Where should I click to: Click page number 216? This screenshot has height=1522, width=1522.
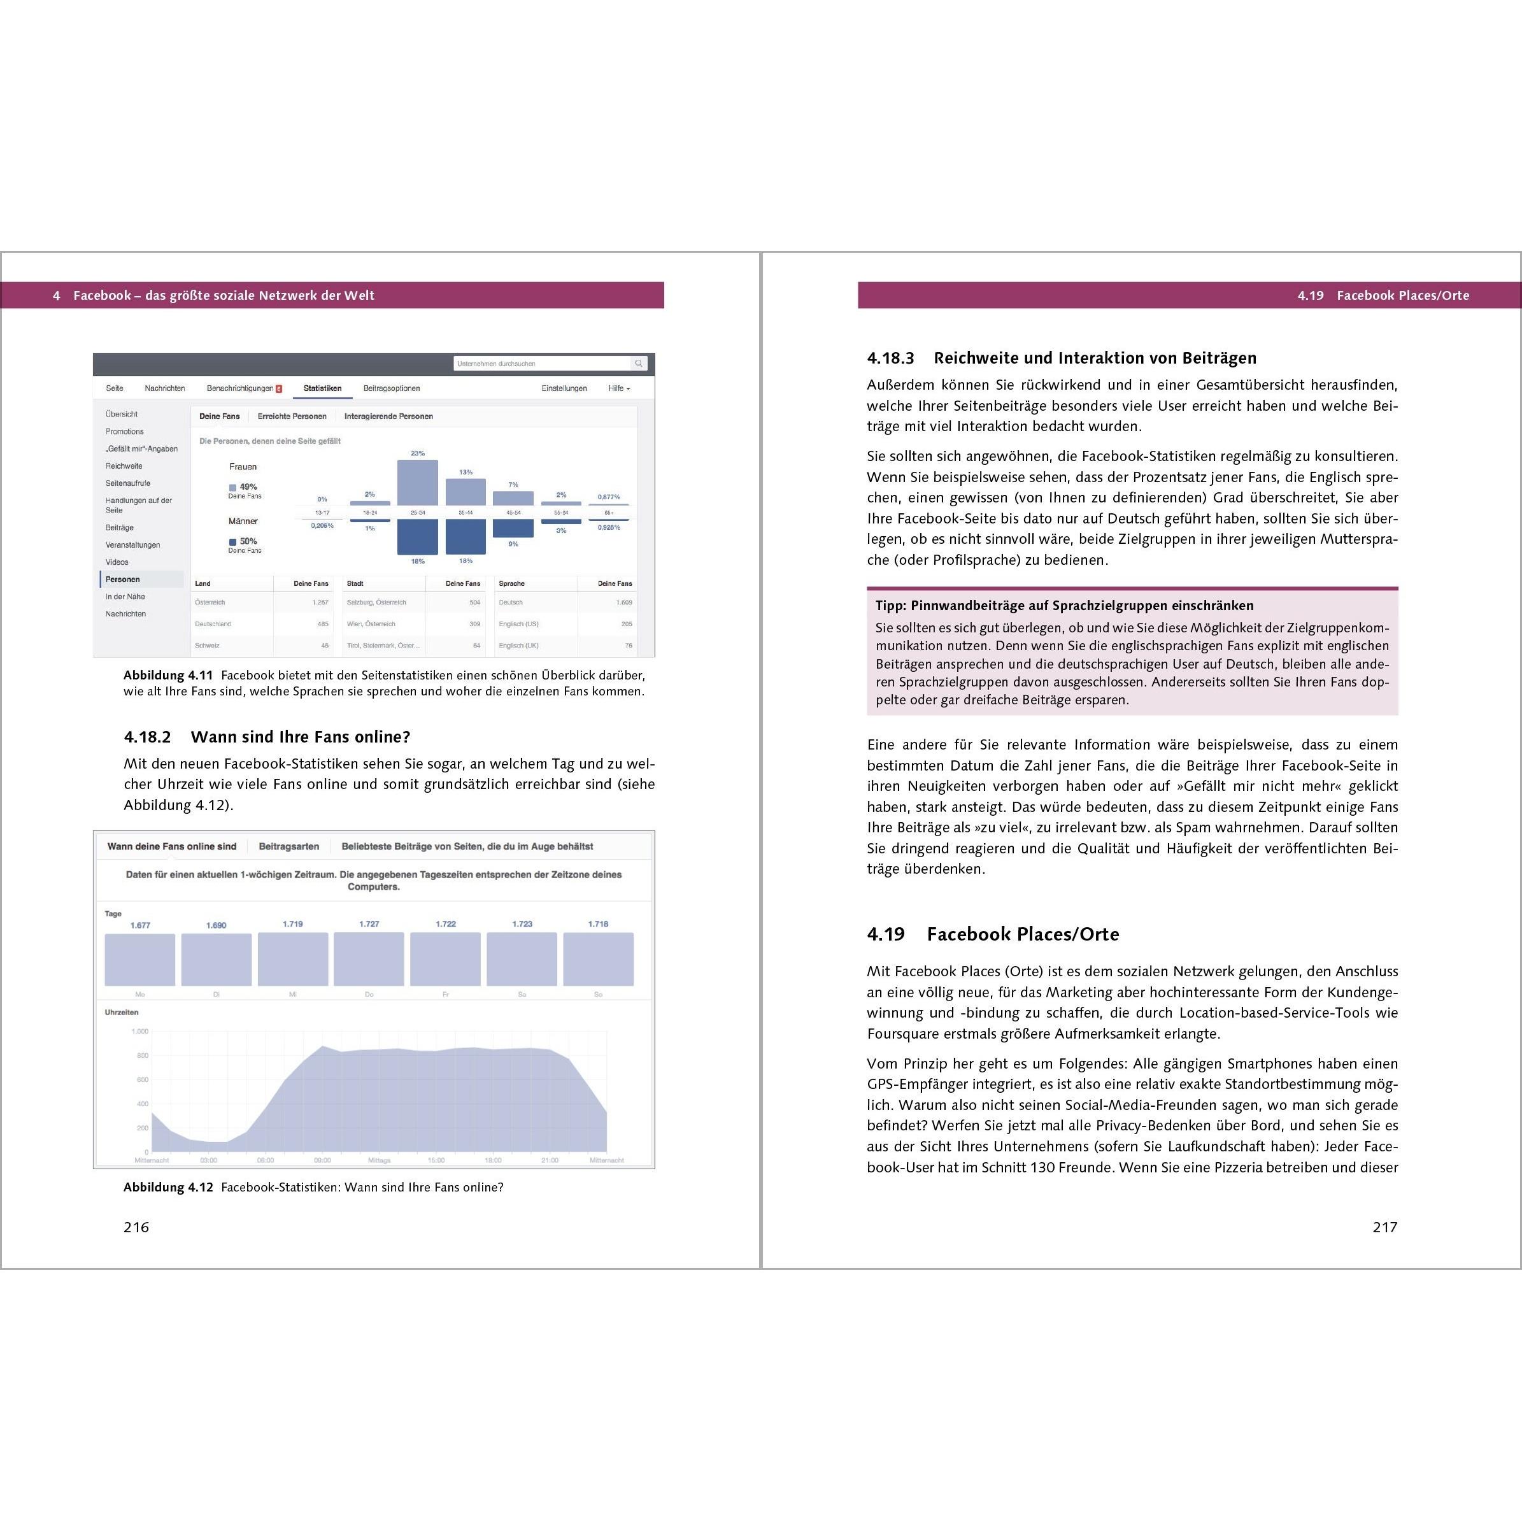[136, 1227]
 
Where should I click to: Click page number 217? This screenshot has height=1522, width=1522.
[1384, 1227]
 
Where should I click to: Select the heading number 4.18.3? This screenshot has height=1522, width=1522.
[890, 359]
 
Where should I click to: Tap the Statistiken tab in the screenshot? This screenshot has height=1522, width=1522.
[322, 388]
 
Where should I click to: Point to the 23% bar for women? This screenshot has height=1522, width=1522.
[418, 482]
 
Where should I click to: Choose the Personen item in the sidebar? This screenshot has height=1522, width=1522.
[123, 579]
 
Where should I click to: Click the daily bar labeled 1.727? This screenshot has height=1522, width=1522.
[369, 959]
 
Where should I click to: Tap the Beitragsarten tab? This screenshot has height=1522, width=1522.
[289, 846]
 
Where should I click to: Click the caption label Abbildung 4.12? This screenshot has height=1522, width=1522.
[167, 1187]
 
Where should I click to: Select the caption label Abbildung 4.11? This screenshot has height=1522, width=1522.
[167, 675]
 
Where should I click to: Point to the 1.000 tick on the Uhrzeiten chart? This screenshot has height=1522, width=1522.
[139, 1031]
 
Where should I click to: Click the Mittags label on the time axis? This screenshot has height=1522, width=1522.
[379, 1160]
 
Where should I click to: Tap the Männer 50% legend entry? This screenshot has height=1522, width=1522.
[243, 541]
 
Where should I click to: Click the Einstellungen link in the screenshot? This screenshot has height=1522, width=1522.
[564, 388]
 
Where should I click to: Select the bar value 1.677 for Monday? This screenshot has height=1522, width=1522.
[140, 926]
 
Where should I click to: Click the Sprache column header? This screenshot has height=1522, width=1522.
[511, 584]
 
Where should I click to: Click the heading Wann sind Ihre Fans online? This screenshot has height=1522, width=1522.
[300, 737]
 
